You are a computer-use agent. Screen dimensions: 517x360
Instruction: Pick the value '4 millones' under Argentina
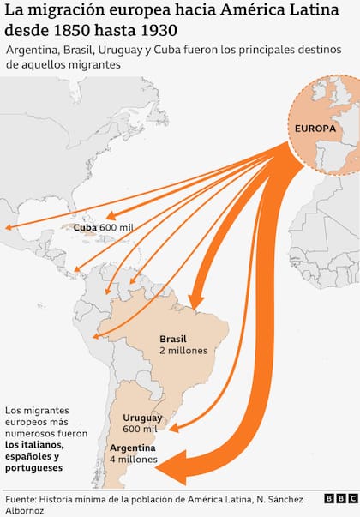pyautogui.click(x=134, y=460)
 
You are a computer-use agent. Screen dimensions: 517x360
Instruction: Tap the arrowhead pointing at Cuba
pyautogui.click(x=109, y=216)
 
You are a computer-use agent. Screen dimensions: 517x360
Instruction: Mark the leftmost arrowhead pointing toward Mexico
pyautogui.click(x=8, y=228)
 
